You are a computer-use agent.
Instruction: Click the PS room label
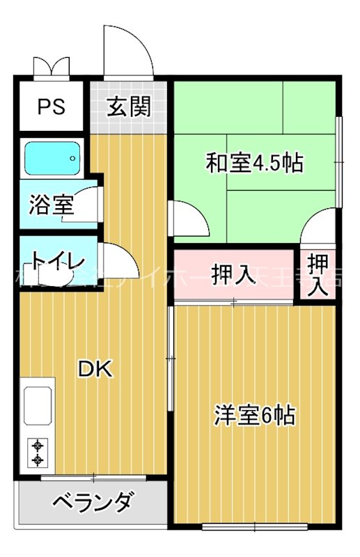coord(51,107)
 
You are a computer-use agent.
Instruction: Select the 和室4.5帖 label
coord(253,164)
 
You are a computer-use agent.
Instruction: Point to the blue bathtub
coord(53,159)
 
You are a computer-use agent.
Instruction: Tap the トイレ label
coord(57,262)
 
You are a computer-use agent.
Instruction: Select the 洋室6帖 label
coord(253,416)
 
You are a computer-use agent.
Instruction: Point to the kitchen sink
coord(39,405)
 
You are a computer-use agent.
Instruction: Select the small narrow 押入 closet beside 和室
coord(318,274)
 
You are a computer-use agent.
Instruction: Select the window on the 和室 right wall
coord(338,162)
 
